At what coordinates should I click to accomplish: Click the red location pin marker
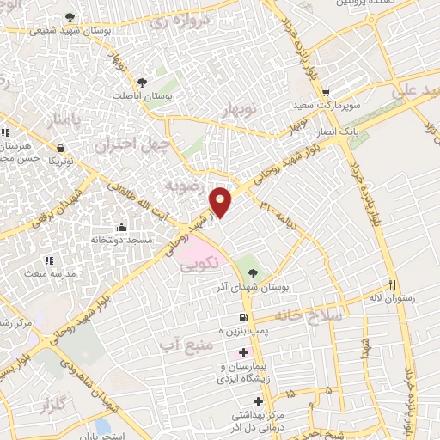click(221, 201)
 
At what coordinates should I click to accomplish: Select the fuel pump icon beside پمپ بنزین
click(230, 317)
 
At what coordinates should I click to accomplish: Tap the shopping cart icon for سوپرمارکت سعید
click(325, 92)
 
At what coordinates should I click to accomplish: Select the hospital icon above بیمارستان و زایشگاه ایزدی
click(244, 352)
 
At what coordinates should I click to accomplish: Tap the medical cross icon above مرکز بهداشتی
click(257, 401)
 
